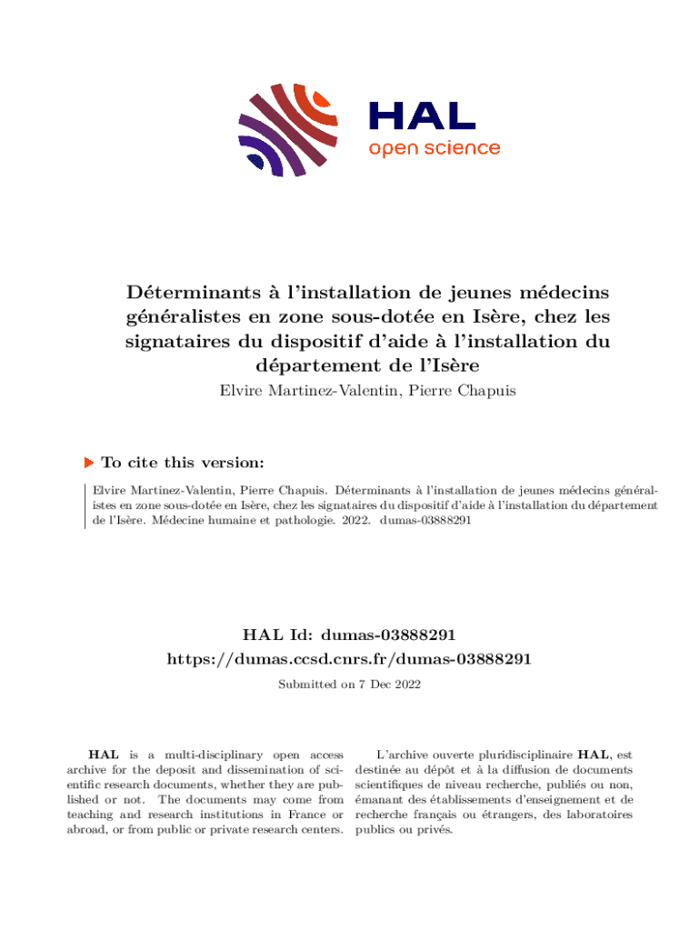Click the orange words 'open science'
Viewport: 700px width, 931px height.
point(434,148)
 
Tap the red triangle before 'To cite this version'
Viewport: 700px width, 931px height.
point(89,463)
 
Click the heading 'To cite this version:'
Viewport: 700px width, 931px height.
point(183,463)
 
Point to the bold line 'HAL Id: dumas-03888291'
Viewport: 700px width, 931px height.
point(349,634)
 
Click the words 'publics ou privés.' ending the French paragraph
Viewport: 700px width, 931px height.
point(404,830)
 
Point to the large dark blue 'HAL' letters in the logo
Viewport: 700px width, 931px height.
point(422,116)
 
